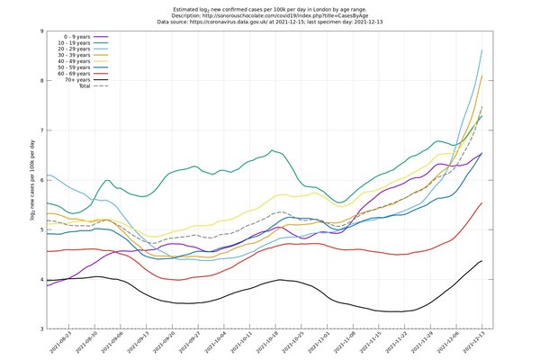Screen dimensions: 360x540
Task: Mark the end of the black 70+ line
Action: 482,260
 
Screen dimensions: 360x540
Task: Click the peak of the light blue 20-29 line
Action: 482,50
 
